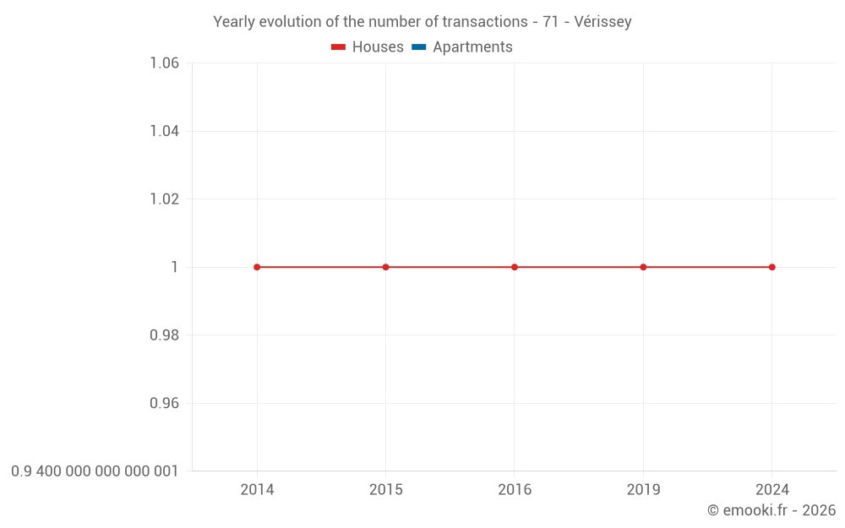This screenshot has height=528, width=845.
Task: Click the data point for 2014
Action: (257, 267)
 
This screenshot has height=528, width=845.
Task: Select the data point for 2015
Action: (386, 267)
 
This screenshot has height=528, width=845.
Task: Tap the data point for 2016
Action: (515, 267)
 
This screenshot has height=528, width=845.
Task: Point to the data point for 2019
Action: (643, 267)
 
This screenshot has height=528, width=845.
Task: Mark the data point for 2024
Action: (772, 267)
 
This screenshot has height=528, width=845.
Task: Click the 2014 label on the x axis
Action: (257, 489)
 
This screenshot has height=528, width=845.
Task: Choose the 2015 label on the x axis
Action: (386, 489)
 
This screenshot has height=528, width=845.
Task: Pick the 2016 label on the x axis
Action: (515, 489)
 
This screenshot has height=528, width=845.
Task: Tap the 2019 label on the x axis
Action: (643, 489)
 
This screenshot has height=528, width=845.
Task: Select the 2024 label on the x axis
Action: (772, 489)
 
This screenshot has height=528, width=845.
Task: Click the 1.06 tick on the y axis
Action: (164, 63)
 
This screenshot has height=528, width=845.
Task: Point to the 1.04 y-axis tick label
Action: (164, 131)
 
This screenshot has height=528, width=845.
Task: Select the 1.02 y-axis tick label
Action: (164, 199)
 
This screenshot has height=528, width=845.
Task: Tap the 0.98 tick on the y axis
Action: (164, 335)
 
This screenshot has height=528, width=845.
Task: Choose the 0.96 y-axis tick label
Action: (164, 403)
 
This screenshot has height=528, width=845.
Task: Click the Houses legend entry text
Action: (378, 47)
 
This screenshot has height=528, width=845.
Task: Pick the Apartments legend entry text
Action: (472, 47)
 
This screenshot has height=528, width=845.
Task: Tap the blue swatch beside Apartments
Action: (418, 47)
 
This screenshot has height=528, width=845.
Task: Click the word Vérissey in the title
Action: (602, 22)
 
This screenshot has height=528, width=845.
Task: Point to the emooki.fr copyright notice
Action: (771, 510)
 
